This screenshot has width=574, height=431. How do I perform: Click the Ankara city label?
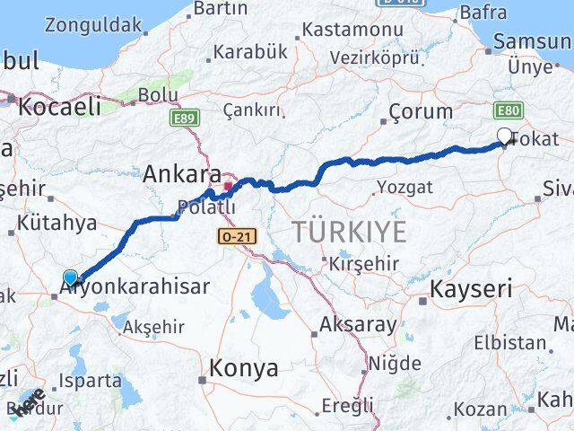tap(182, 173)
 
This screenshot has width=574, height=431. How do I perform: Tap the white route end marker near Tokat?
tap(504, 136)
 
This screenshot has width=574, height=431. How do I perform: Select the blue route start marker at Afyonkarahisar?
tap(71, 278)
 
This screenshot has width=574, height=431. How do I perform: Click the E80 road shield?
tap(508, 110)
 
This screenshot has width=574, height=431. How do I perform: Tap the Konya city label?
tap(243, 367)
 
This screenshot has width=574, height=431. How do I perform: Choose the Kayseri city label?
tap(471, 289)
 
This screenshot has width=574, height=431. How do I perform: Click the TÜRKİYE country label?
tap(349, 231)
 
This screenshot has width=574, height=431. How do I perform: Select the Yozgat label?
tap(404, 187)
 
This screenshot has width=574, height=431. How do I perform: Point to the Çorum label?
tap(421, 112)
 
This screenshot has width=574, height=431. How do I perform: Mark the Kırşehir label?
tap(362, 266)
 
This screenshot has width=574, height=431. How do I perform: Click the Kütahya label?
tap(56, 224)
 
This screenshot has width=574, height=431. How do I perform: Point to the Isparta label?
tap(91, 381)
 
